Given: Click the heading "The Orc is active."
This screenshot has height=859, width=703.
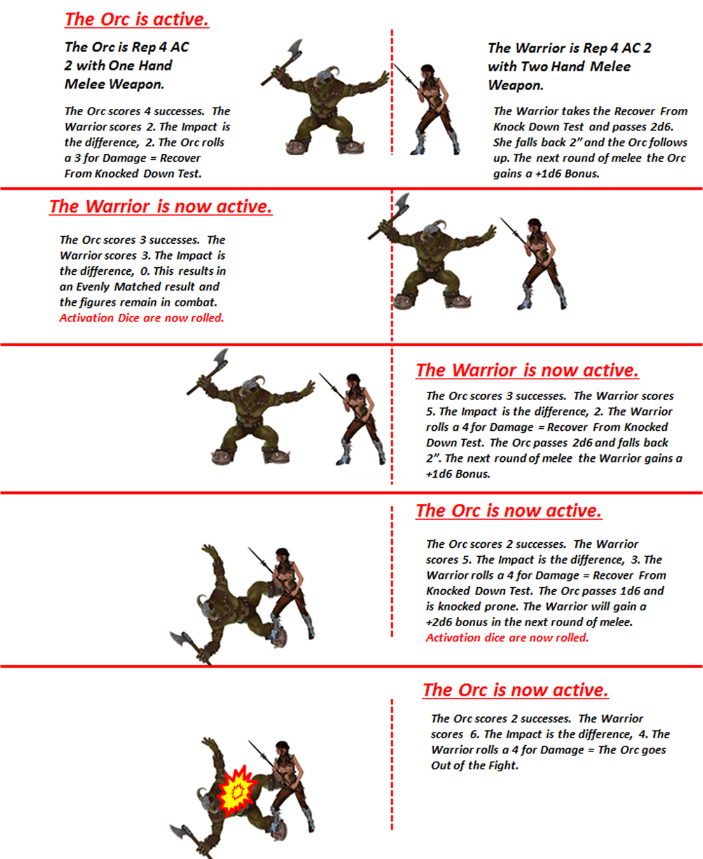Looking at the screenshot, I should pyautogui.click(x=137, y=20).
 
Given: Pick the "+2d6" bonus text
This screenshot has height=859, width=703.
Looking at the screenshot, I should pyautogui.click(x=439, y=622).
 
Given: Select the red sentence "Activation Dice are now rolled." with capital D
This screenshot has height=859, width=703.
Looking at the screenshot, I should pyautogui.click(x=141, y=318).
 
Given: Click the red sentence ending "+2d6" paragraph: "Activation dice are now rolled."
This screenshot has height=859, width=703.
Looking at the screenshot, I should pyautogui.click(x=507, y=638).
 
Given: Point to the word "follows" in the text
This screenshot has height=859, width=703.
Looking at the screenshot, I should pyautogui.click(x=669, y=143).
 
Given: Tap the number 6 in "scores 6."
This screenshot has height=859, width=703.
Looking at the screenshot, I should pyautogui.click(x=474, y=734).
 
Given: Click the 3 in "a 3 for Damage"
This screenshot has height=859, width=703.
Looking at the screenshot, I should pyautogui.click(x=77, y=158).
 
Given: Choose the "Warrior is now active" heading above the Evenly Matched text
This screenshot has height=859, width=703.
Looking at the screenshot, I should pyautogui.click(x=160, y=207).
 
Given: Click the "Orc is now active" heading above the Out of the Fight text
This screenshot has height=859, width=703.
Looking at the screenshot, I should pyautogui.click(x=515, y=690).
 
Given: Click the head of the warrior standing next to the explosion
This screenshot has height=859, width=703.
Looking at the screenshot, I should pyautogui.click(x=282, y=750).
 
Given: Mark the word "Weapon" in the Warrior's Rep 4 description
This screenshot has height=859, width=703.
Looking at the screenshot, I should pyautogui.click(x=515, y=86).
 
